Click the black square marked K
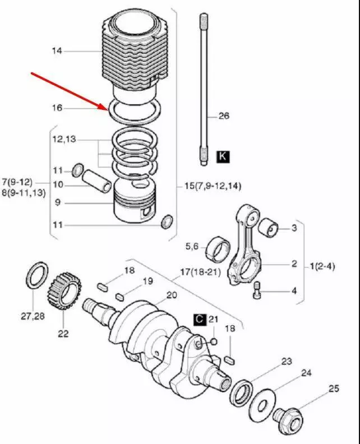(223, 156)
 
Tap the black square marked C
(200, 320)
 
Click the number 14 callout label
(57, 52)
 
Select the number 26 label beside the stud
(223, 116)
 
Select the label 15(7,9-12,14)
(216, 186)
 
